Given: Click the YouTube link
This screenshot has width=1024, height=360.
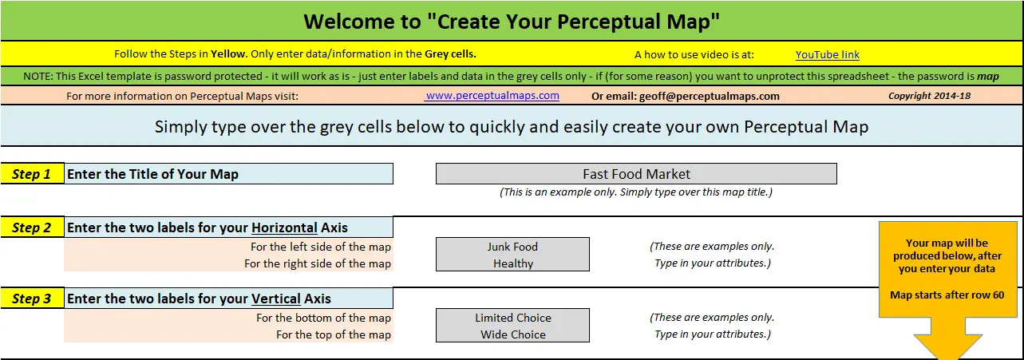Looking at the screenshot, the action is click(x=827, y=55).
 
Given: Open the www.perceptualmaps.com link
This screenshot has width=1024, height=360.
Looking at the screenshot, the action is click(x=492, y=96).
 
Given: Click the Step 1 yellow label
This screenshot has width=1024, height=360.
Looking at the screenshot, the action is click(x=32, y=174).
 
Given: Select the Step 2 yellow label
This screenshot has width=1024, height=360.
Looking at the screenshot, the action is click(x=32, y=227).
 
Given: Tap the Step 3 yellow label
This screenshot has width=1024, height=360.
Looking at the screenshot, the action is click(x=32, y=299).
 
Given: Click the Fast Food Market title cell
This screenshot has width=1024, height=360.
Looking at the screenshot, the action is click(x=636, y=174).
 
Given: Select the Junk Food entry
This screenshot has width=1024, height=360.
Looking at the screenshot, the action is click(x=512, y=247).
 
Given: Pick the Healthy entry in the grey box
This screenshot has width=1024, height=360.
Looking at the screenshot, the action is click(x=513, y=263).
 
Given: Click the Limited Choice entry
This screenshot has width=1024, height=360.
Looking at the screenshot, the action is click(x=513, y=318).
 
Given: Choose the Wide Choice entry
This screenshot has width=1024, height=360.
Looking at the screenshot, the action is click(x=513, y=334).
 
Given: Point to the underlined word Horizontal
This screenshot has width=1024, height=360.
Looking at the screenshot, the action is click(x=284, y=227).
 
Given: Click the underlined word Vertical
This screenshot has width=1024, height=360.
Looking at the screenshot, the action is click(x=275, y=299).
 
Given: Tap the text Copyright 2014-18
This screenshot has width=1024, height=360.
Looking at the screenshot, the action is click(x=929, y=96).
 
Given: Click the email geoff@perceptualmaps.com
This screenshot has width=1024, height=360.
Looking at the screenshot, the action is click(x=709, y=96).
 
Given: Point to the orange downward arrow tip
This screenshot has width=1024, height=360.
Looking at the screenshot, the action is click(x=947, y=359).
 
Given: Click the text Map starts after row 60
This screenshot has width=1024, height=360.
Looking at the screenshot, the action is click(x=947, y=295).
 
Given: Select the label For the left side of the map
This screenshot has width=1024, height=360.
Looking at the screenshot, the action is click(x=321, y=247).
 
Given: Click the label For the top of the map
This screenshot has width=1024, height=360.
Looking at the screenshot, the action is click(x=334, y=334).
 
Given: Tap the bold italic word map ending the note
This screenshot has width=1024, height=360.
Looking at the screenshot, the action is click(x=988, y=76).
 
